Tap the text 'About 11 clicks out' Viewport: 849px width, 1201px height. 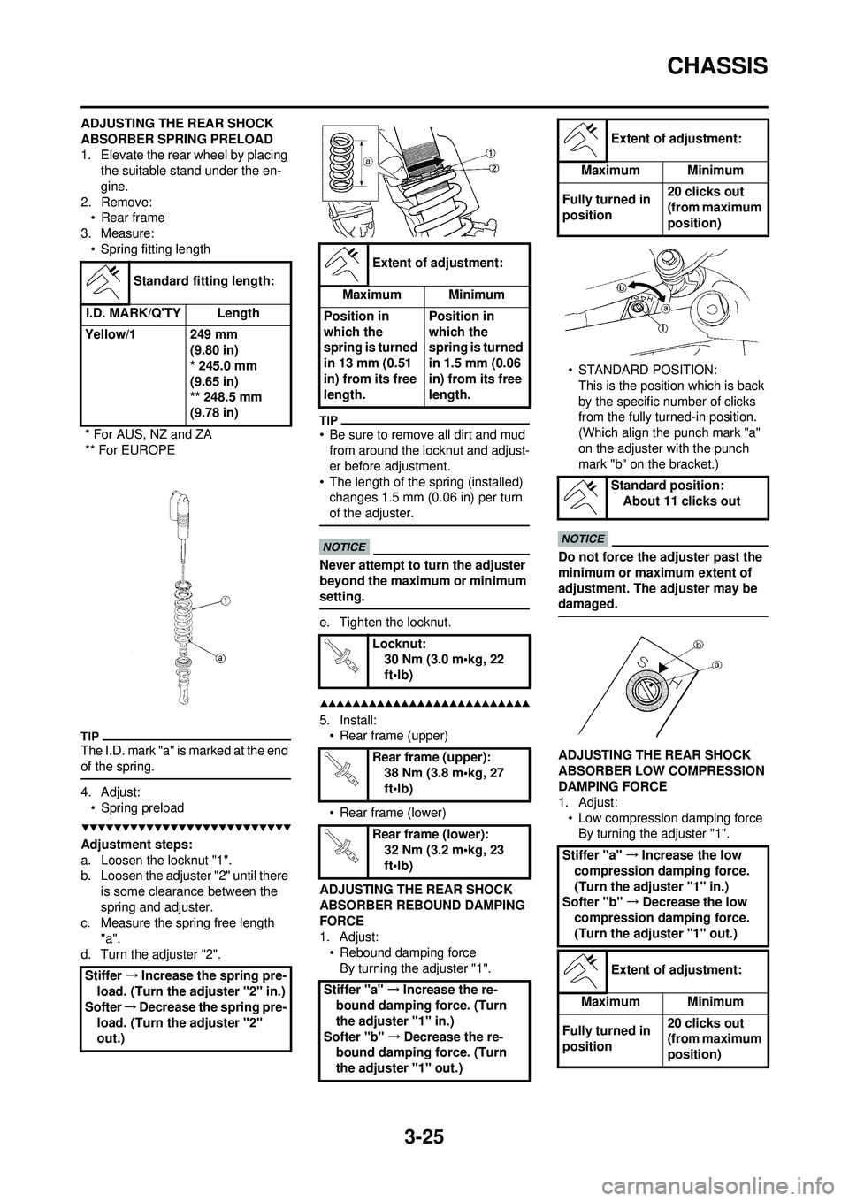(x=682, y=501)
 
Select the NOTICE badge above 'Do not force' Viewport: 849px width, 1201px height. (x=583, y=539)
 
